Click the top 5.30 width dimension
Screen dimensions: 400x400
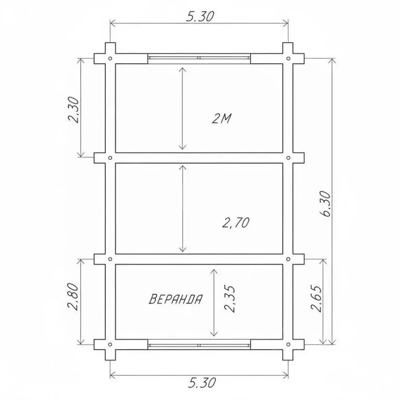tap(200, 17)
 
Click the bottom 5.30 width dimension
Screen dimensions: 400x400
tap(202, 383)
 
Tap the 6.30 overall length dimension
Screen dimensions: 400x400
tap(325, 204)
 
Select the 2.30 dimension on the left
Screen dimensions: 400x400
tap(74, 110)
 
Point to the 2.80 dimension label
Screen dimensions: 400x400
tap(74, 296)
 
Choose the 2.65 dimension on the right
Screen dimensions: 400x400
tap(317, 298)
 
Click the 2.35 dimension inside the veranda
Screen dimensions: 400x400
tap(230, 299)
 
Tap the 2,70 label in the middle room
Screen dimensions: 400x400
tap(236, 223)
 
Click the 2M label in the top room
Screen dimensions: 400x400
tap(221, 118)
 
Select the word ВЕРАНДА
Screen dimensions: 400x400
tap(176, 299)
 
